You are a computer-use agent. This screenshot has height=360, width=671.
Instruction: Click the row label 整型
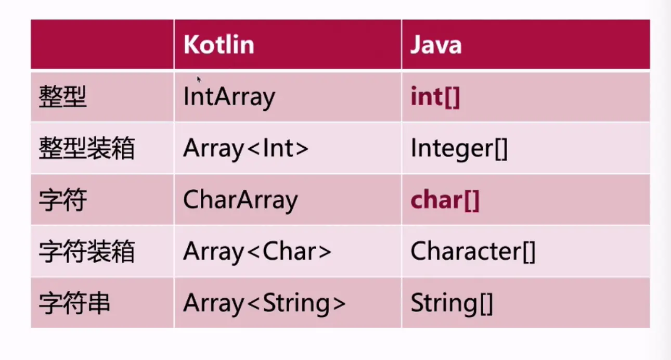pos(62,96)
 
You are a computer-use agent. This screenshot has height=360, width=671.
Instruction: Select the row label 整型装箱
pos(86,148)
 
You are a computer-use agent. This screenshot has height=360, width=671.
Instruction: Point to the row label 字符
pos(62,200)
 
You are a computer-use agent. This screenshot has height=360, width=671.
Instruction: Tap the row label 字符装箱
pos(86,252)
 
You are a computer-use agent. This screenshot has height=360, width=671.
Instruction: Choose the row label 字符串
pos(74,303)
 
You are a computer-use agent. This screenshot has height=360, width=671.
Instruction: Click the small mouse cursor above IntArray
pos(199,80)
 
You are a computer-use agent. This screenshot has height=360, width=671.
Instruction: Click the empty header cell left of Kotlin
pos(102,44)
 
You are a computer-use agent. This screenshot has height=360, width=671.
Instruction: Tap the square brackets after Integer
pos(501,149)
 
